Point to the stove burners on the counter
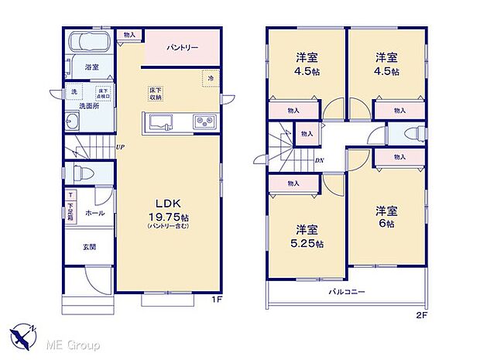pos(204,121)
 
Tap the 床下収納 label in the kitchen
pos(156,94)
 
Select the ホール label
pos(94,212)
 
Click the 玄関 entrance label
pos(90,247)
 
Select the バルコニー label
pos(346,291)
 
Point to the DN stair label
pos(319,161)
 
